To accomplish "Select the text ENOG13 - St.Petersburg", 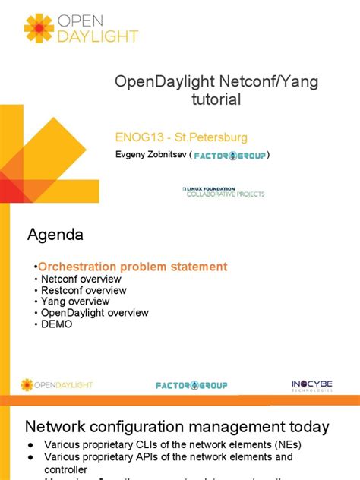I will point(180,137).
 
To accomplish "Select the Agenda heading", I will point(55,235).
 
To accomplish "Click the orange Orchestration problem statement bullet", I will point(132,267).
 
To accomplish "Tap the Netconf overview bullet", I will point(79,279).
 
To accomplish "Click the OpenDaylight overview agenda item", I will point(93,313).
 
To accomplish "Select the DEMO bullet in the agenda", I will point(56,324).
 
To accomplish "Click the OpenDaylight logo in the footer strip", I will point(56,385).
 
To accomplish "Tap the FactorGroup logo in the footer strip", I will point(191,385).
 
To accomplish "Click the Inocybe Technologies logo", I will point(311,385).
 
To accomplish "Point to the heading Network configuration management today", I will point(178,427).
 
